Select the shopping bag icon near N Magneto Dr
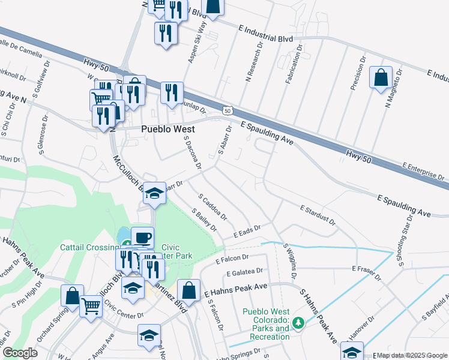(x=381, y=78)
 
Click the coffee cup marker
(x=142, y=237)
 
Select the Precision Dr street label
(x=357, y=74)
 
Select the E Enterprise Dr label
(x=423, y=171)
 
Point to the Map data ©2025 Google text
(x=411, y=356)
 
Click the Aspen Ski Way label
(x=197, y=37)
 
